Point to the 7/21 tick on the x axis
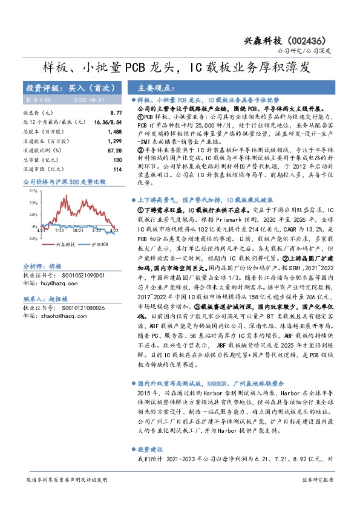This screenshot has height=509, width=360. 59,230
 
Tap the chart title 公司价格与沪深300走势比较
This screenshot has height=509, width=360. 64,181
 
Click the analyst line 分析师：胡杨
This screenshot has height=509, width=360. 42,266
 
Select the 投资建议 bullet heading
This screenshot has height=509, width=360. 150,450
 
